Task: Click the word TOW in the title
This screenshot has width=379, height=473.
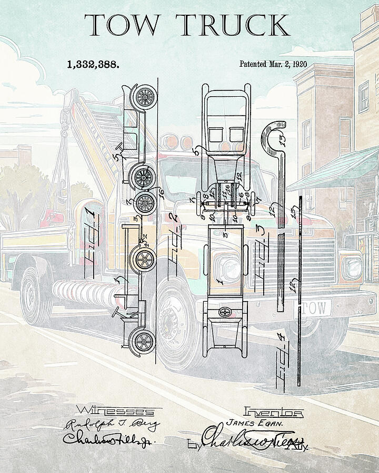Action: tap(123, 25)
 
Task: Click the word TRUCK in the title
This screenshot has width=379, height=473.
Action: tap(232, 25)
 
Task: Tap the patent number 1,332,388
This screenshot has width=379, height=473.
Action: tap(93, 65)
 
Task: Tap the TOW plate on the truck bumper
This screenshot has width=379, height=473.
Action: tap(316, 306)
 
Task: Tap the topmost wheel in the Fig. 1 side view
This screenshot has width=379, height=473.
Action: tap(145, 96)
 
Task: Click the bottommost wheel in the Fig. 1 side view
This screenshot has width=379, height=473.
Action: tap(142, 342)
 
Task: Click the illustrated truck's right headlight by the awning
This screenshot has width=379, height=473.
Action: tap(351, 269)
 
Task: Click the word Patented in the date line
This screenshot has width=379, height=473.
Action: tap(255, 65)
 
